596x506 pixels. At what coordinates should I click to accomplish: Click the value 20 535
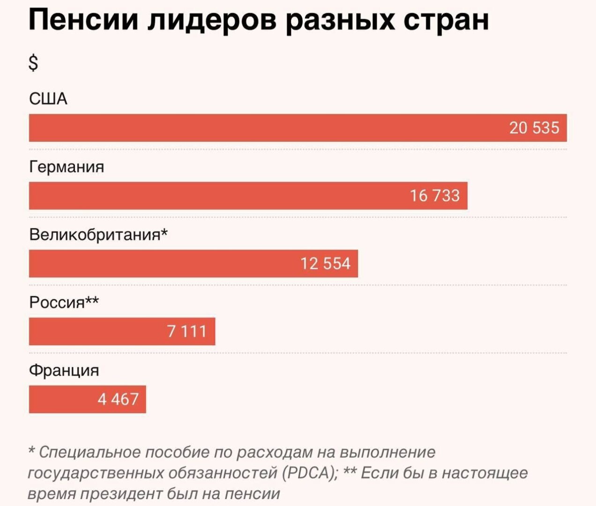pyautogui.click(x=534, y=127)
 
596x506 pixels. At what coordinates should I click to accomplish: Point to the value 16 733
pyautogui.click(x=435, y=195)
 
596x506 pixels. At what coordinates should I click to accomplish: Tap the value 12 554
pyautogui.click(x=325, y=263)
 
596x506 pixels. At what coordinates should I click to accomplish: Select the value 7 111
pyautogui.click(x=186, y=331)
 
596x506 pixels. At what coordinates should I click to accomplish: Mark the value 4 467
pyautogui.click(x=118, y=399)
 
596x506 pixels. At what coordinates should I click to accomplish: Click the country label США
pyautogui.click(x=48, y=99)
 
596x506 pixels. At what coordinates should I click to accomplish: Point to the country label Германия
pyautogui.click(x=67, y=167)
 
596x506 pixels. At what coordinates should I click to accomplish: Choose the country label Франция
pyautogui.click(x=64, y=370)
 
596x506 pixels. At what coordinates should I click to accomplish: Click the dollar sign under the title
pyautogui.click(x=33, y=62)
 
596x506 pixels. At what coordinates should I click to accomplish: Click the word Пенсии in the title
pyautogui.click(x=83, y=20)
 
